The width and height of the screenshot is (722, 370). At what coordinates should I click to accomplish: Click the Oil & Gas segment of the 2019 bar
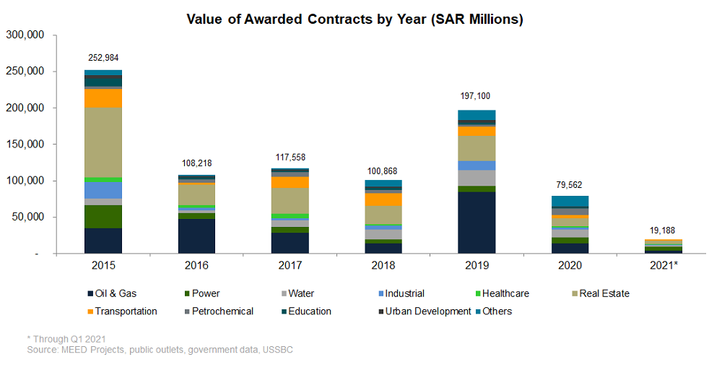coord(477,223)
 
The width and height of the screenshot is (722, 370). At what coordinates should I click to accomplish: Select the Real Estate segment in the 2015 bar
coord(103,142)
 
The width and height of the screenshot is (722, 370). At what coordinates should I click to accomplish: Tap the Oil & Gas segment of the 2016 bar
coord(196,236)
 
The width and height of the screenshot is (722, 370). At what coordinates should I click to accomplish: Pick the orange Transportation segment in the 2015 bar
coord(103,98)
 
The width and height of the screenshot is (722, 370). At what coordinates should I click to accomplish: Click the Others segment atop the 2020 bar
coord(570,202)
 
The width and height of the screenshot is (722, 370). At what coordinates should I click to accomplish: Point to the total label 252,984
coord(103,59)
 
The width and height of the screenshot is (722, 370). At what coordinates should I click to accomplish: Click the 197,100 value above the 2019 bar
coord(477,96)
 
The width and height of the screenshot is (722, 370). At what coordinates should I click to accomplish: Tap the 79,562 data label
coord(570,183)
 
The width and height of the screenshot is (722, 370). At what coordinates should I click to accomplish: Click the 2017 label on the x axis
coord(290,265)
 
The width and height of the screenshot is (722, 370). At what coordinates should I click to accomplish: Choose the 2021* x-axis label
coord(664,265)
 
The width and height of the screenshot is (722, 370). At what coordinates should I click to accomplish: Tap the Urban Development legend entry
coord(426,311)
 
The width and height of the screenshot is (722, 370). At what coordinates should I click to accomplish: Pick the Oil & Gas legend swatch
coord(90,293)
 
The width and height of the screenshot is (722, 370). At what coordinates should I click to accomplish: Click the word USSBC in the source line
coord(278,350)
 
